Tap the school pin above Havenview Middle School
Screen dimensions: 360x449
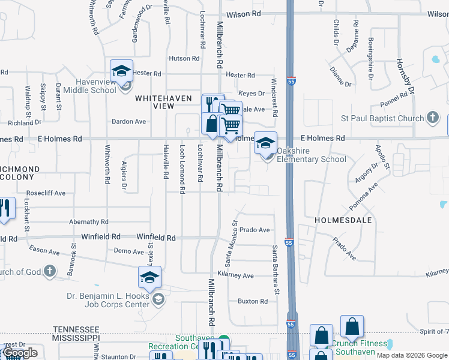point(121,70)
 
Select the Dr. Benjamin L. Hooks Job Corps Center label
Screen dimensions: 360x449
point(108,299)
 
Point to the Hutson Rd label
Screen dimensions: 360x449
point(184,58)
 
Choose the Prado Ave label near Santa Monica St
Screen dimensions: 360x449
point(255,230)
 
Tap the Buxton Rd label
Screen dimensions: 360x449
point(252,301)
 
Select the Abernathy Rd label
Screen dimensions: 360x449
point(88,221)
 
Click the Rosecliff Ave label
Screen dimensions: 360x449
point(46,194)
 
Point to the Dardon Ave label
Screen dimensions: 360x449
point(129,121)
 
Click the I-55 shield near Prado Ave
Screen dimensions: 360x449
point(289,242)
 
